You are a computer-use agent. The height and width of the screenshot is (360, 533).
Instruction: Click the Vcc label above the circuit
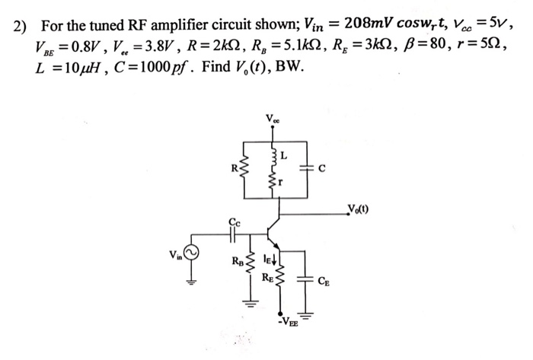(x=273, y=119)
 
